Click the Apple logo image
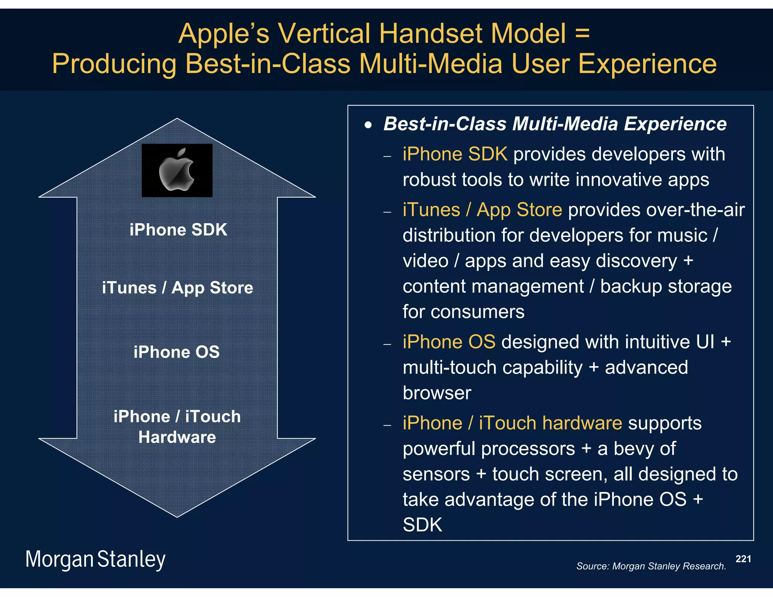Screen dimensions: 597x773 (177, 170)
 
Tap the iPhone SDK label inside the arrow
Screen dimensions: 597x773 (178, 229)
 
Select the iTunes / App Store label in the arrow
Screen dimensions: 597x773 (177, 288)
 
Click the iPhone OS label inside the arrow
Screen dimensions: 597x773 (177, 352)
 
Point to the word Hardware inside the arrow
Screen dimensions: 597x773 (177, 437)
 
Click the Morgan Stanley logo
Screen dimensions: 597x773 (95, 559)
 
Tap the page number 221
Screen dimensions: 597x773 (743, 559)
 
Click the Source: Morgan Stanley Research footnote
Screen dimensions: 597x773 (651, 566)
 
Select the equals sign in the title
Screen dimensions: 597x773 (582, 34)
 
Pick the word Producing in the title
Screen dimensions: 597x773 (114, 64)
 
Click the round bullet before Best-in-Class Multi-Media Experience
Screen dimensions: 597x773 (368, 125)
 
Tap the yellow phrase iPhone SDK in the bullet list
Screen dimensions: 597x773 (454, 154)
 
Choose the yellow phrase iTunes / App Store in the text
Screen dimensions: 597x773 (482, 210)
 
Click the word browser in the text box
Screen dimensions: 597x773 (437, 393)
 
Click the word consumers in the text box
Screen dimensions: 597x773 (477, 312)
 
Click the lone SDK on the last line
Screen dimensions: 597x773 (422, 525)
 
